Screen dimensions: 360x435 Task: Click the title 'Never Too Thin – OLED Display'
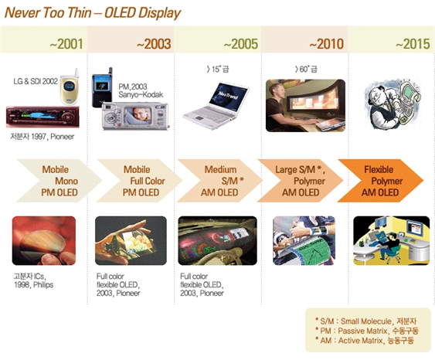(x=93, y=12)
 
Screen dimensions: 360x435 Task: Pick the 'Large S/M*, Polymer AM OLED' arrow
(x=301, y=181)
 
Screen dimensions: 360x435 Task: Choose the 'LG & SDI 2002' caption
(x=34, y=80)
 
